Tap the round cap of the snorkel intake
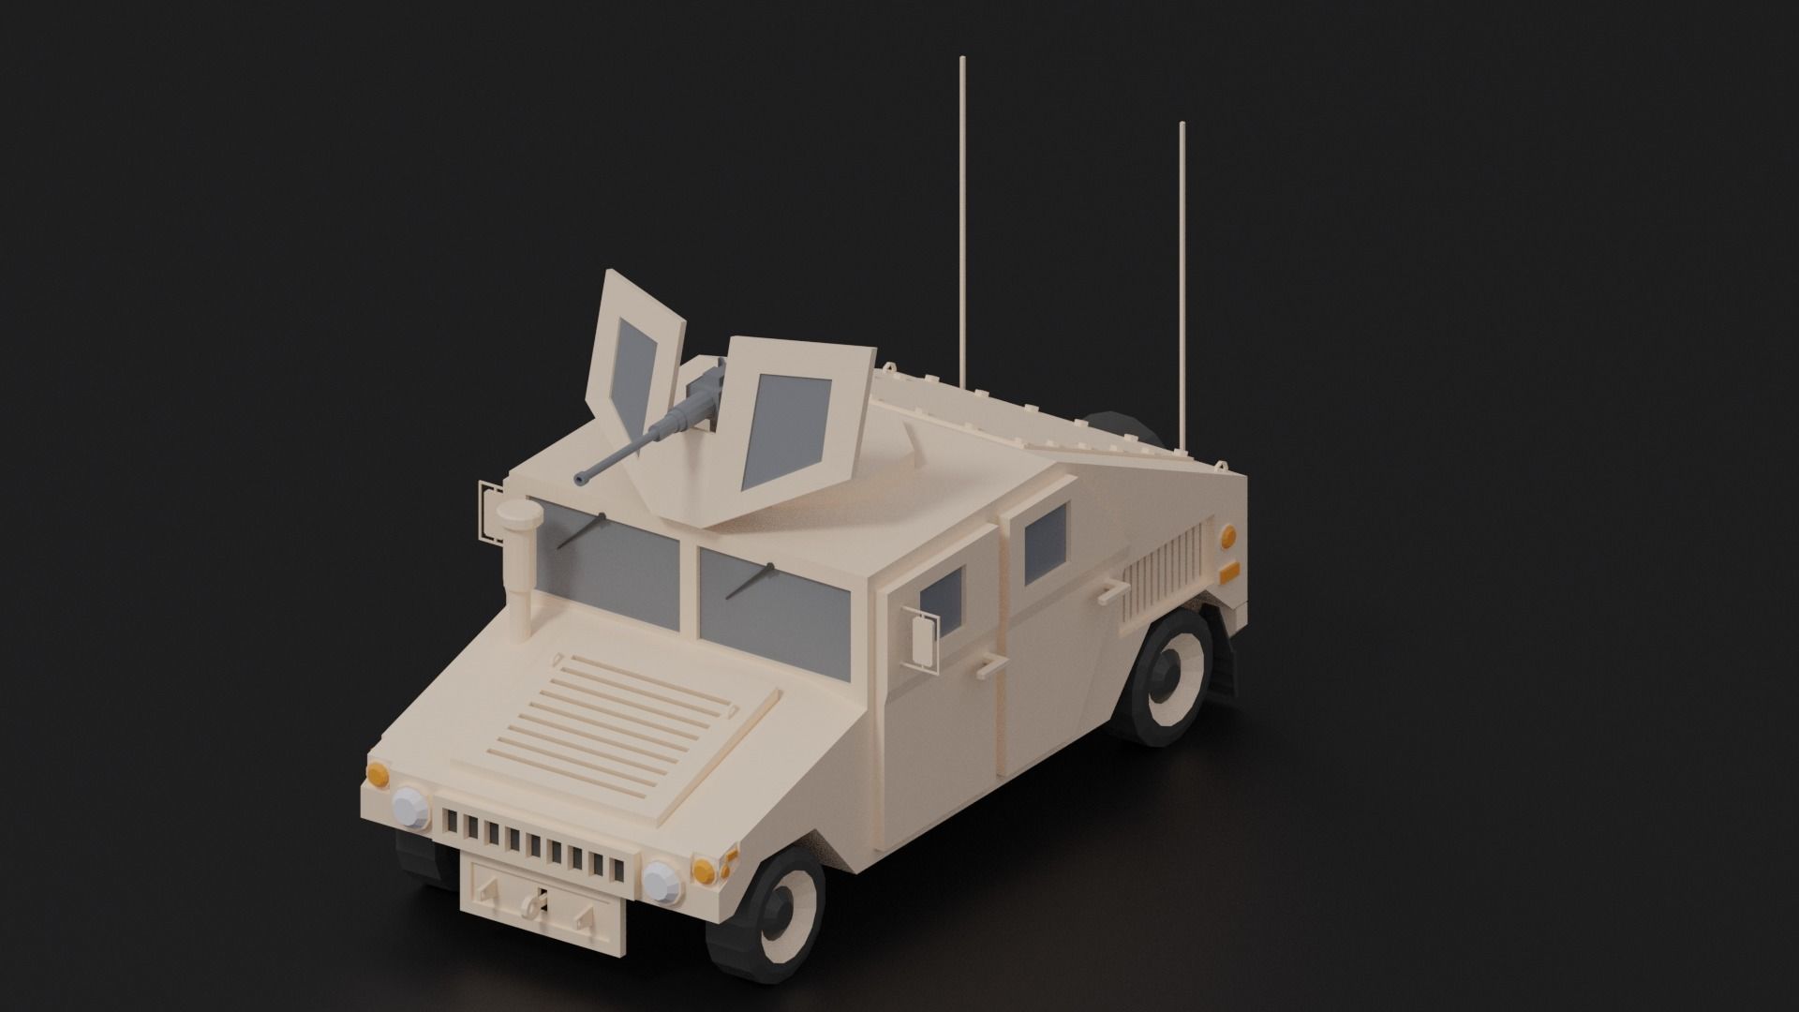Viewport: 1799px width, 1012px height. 518,513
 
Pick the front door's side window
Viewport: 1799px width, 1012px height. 943,600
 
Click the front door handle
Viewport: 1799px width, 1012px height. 987,667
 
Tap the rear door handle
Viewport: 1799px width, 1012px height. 1112,590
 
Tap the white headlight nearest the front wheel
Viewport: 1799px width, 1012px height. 662,880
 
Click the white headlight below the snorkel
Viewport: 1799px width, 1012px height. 409,807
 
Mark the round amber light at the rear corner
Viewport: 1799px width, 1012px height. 1227,536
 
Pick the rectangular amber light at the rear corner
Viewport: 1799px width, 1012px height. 1228,571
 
